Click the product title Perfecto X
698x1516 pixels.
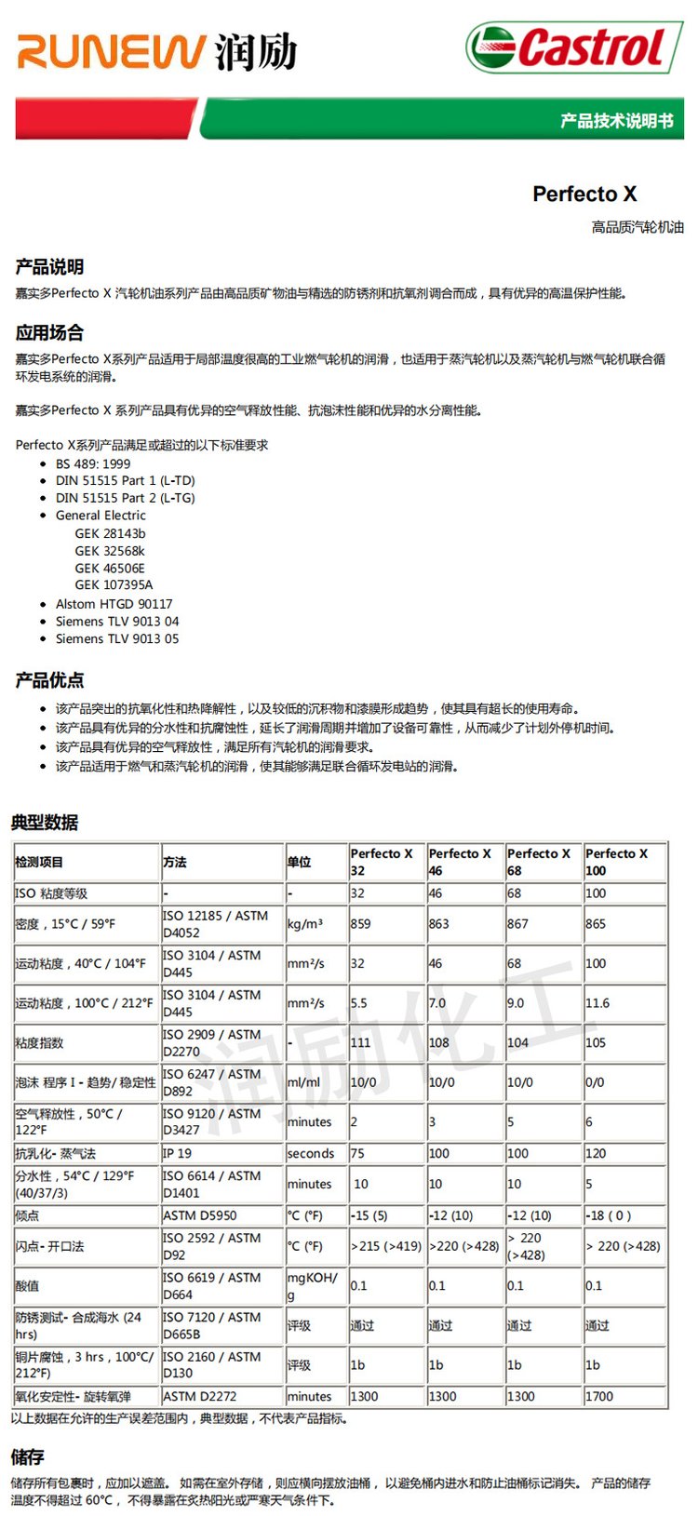(x=584, y=194)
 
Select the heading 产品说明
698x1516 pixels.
(x=49, y=267)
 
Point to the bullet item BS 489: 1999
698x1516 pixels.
(x=93, y=463)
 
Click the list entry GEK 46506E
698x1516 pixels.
(x=110, y=568)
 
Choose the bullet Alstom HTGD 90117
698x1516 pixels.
(x=114, y=604)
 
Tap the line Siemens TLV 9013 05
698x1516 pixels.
(x=117, y=638)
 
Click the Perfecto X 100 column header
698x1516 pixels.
(x=616, y=862)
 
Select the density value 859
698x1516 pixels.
(x=360, y=924)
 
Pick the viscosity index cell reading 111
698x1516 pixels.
(x=360, y=1042)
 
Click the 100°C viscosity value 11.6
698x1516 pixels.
(x=597, y=1003)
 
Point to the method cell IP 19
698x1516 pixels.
(x=177, y=1153)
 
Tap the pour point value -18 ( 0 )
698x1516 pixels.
(x=608, y=1215)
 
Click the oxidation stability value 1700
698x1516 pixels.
(x=599, y=1396)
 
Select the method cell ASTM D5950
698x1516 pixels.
(x=199, y=1215)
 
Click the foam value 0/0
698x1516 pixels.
(x=595, y=1082)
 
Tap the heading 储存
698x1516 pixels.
(x=28, y=1456)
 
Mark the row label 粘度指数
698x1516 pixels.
(x=39, y=1042)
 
